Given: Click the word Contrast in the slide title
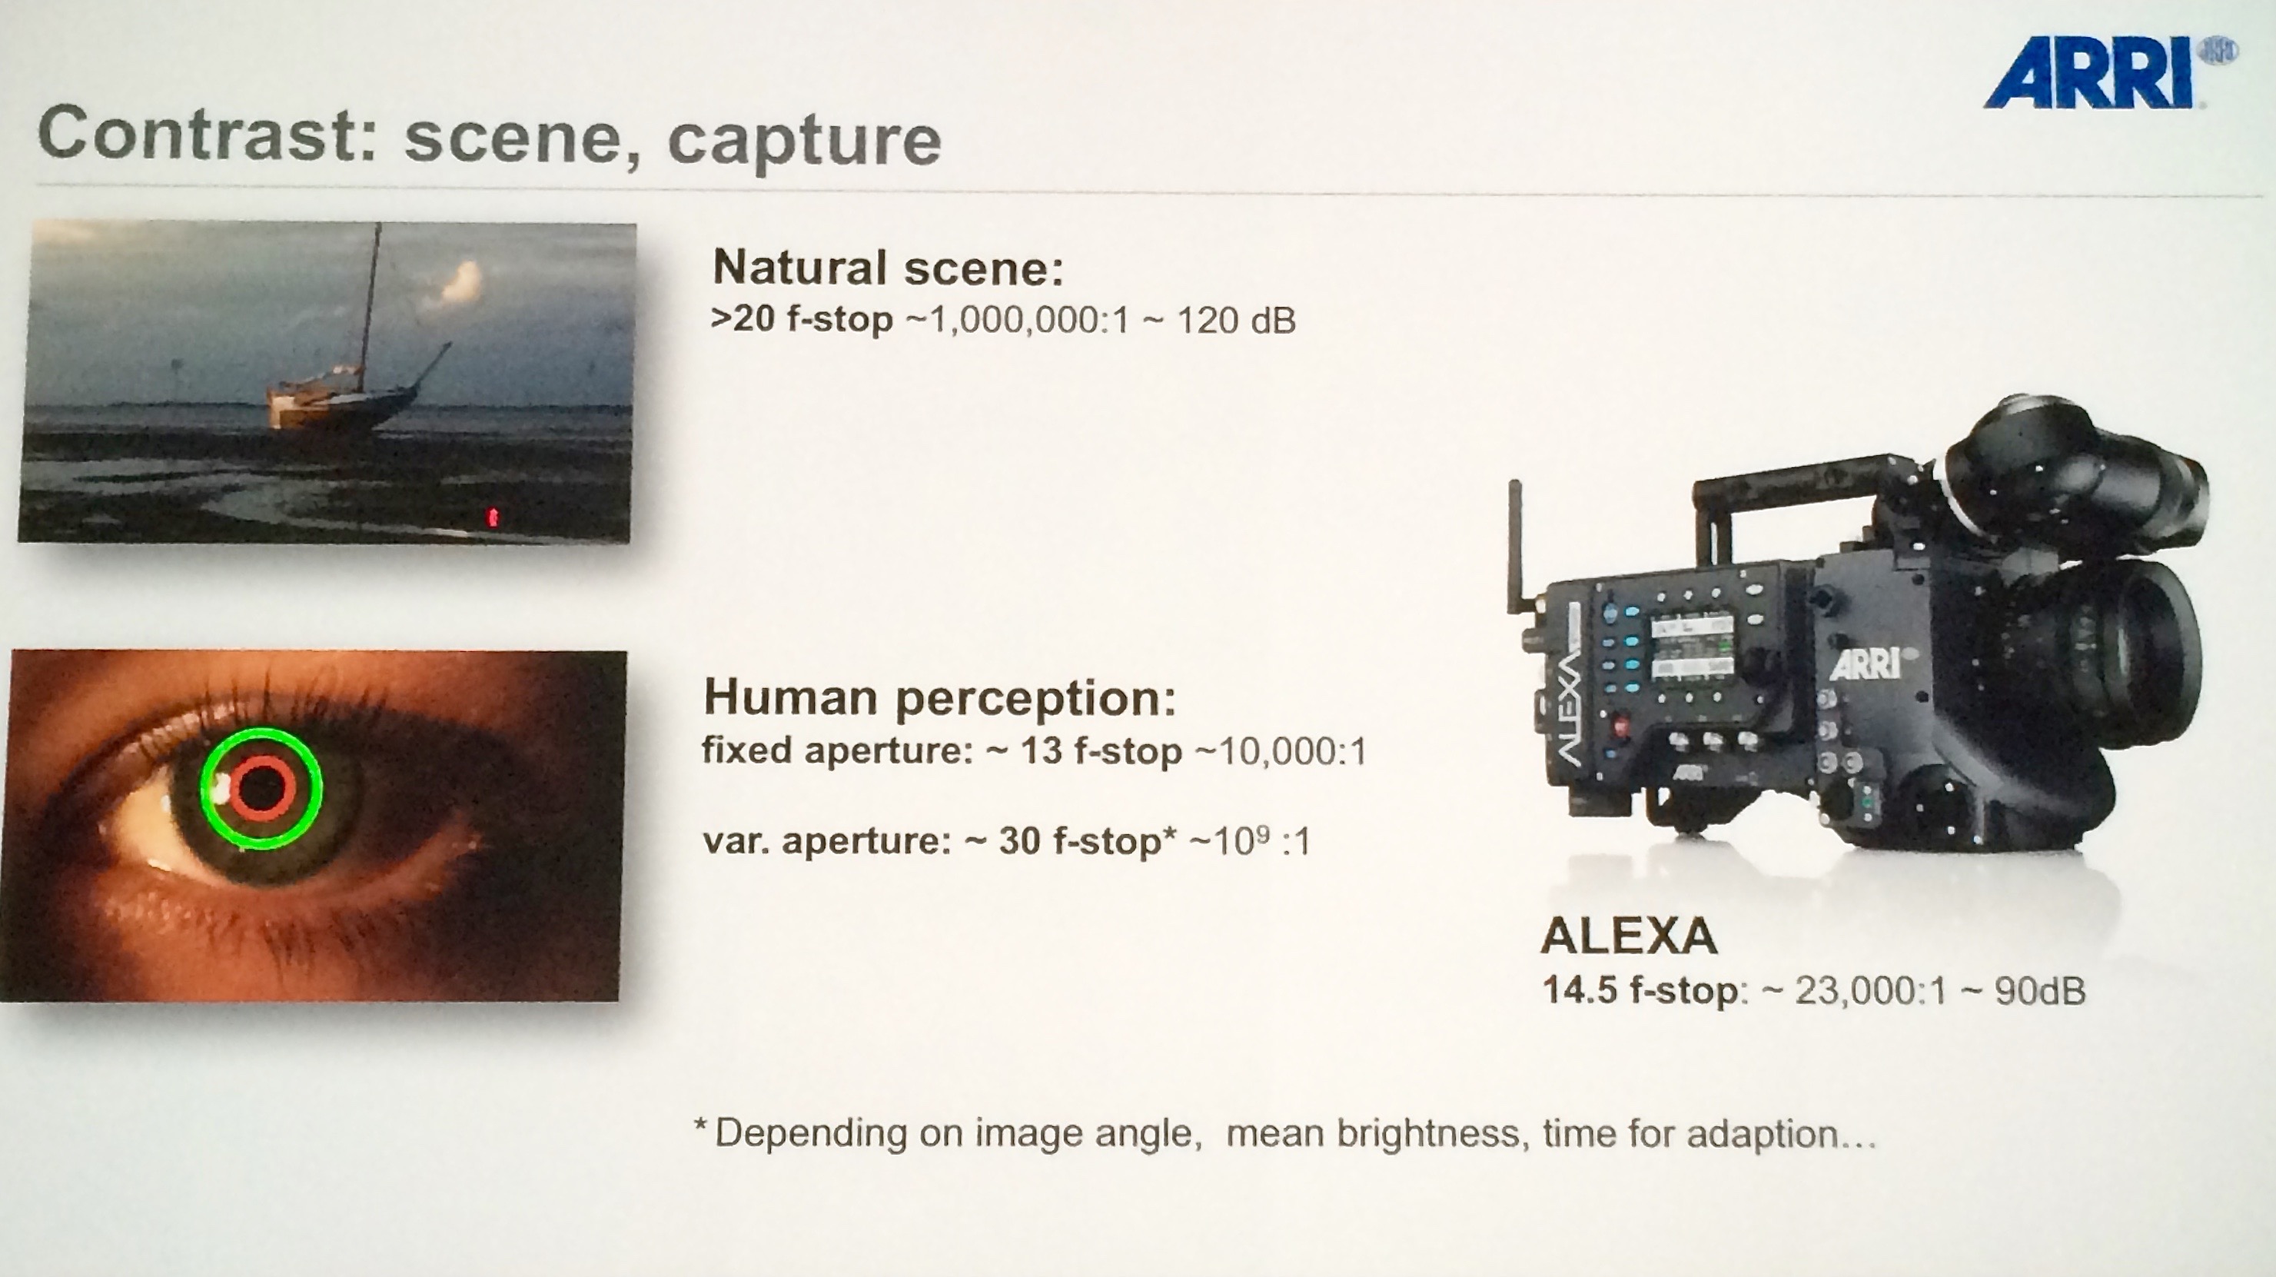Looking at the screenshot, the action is click(x=208, y=135).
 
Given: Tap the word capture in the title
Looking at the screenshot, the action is click(x=804, y=141).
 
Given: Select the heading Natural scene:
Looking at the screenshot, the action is click(x=888, y=267).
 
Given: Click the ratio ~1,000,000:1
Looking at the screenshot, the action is click(x=1018, y=320).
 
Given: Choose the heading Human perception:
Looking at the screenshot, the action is click(x=940, y=697).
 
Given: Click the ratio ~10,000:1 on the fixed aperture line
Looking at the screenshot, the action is click(x=1281, y=751).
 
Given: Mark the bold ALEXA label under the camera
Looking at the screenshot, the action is click(x=1628, y=936).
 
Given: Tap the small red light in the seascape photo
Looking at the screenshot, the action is click(x=493, y=517).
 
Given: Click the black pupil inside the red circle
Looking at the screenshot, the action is click(x=261, y=787).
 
